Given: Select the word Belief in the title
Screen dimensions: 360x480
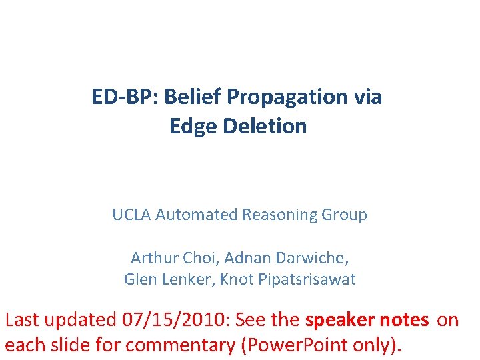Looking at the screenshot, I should (x=191, y=97).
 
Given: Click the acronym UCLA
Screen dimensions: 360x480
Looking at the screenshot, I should (x=131, y=215).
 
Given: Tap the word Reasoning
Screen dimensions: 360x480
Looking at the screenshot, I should (x=274, y=215).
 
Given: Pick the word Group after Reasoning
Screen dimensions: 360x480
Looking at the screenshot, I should (x=343, y=215).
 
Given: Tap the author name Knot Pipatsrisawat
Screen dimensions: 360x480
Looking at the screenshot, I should (x=283, y=279).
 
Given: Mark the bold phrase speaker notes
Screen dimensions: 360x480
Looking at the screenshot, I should (x=367, y=320).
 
